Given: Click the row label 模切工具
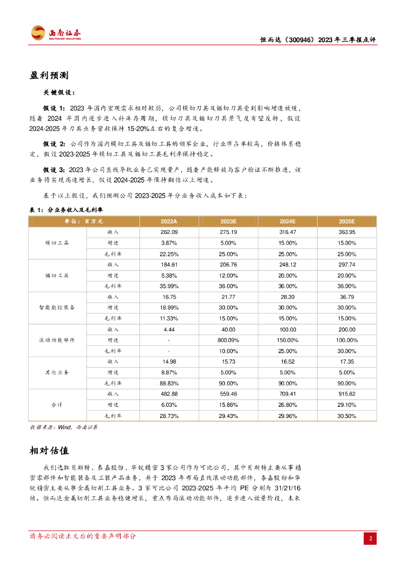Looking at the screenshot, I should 57,243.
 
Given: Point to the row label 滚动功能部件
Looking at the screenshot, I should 57,340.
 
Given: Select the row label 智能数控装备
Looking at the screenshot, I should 57,307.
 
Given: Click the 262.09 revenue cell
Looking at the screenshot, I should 168,232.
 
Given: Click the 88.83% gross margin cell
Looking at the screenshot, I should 168,383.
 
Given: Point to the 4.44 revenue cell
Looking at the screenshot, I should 168,329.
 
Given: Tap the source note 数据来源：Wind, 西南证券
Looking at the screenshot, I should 63,427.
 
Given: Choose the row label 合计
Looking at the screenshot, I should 57,405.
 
